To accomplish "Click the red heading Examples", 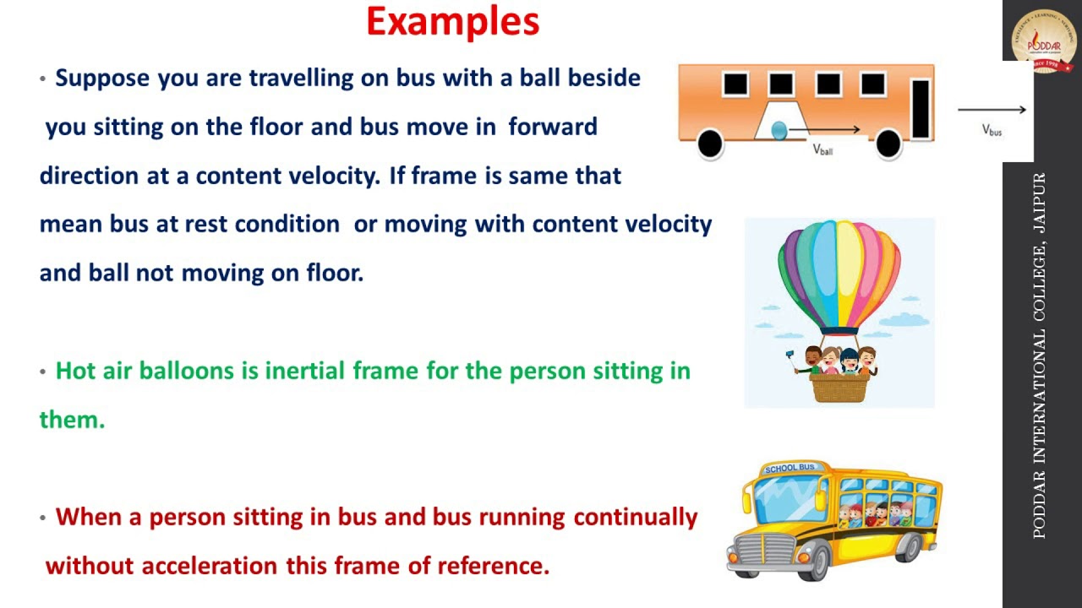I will pos(452,22).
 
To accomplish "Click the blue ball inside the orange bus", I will pos(779,130).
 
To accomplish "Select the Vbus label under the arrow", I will pos(992,130).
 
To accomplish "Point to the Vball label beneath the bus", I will pos(822,149).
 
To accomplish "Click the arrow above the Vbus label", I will pos(992,109).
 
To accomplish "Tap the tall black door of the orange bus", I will pos(920,108).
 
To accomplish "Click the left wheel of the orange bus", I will pos(710,144).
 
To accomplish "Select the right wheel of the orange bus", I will pos(888,144).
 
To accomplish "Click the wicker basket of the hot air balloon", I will pos(839,387).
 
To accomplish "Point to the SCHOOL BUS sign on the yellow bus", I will pos(790,468).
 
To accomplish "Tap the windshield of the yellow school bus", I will pos(789,499).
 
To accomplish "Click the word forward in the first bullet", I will pos(553,127).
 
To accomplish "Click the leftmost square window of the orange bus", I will pos(735,84).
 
